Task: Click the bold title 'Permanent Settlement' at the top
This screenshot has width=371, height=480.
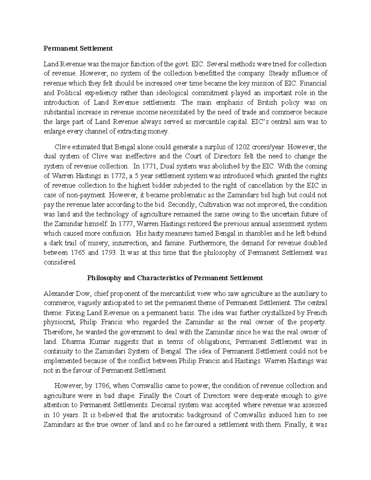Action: pyautogui.click(x=78, y=49)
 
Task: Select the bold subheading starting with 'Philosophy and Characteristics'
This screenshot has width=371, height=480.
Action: pyautogui.click(x=175, y=278)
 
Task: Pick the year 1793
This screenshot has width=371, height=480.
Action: pyautogui.click(x=108, y=253)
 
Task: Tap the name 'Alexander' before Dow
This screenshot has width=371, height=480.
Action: pyautogui.click(x=58, y=293)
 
